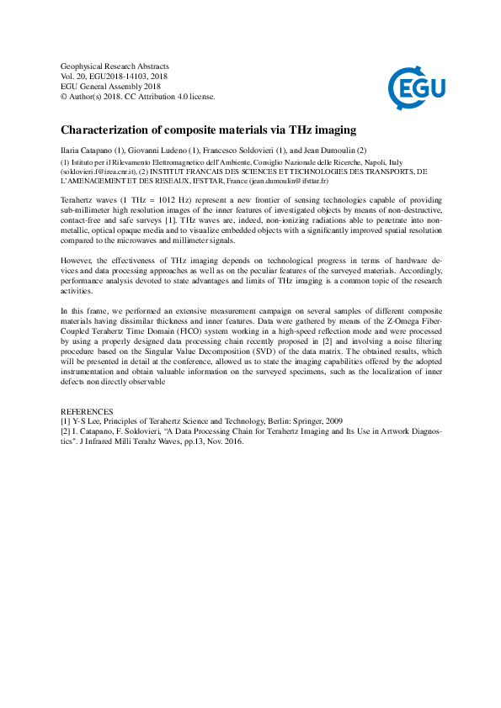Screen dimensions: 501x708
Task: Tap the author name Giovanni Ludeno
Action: pyautogui.click(x=161, y=149)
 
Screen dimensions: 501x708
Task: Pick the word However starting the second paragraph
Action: pyautogui.click(x=77, y=238)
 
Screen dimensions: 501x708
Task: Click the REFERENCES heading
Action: pyautogui.click(x=87, y=411)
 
